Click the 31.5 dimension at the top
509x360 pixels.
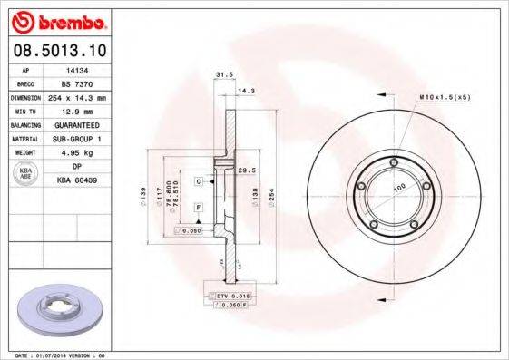pyautogui.click(x=218, y=75)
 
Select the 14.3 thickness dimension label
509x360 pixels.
pyautogui.click(x=244, y=91)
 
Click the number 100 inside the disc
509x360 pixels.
pyautogui.click(x=397, y=188)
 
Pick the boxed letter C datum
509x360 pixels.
pyautogui.click(x=197, y=181)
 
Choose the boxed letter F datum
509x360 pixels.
pyautogui.click(x=197, y=209)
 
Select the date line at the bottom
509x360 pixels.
pyautogui.click(x=66, y=355)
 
